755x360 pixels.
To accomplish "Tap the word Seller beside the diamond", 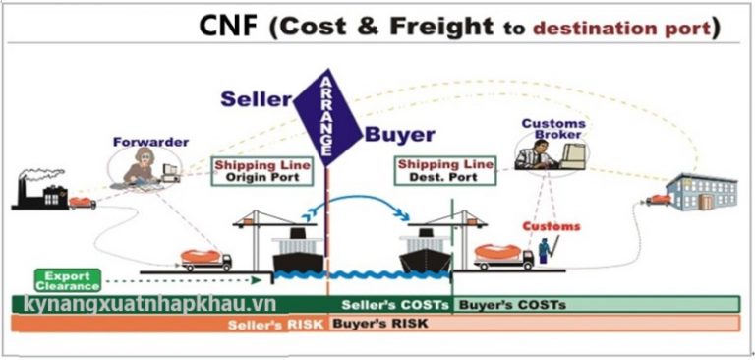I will click(x=257, y=99).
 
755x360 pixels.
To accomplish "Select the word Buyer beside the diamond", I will click(x=400, y=135).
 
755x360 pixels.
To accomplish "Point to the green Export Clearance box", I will click(x=68, y=279).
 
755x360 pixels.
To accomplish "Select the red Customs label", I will click(x=551, y=227).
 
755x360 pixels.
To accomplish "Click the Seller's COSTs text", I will click(x=395, y=305).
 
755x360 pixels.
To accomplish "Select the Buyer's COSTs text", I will click(x=512, y=305).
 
